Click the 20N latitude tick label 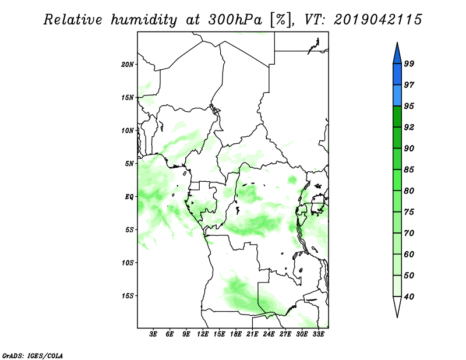[x=128, y=65]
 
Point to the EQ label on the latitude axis [x=129, y=197]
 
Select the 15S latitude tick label [x=128, y=296]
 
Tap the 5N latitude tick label [x=129, y=164]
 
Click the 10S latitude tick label [x=128, y=263]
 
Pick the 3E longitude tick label [x=153, y=334]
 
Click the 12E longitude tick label [x=203, y=334]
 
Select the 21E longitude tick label [x=252, y=334]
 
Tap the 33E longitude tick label [x=318, y=334]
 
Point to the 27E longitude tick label [x=285, y=334]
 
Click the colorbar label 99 [x=409, y=63]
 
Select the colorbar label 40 [x=409, y=297]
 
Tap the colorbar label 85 [x=409, y=170]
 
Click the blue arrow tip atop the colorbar [x=397, y=43]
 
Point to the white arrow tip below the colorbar [x=397, y=317]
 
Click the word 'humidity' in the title [x=144, y=20]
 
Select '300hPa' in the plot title [x=235, y=20]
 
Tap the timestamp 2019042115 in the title [x=377, y=20]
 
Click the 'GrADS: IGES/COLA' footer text [x=33, y=355]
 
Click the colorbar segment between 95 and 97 [x=397, y=96]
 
